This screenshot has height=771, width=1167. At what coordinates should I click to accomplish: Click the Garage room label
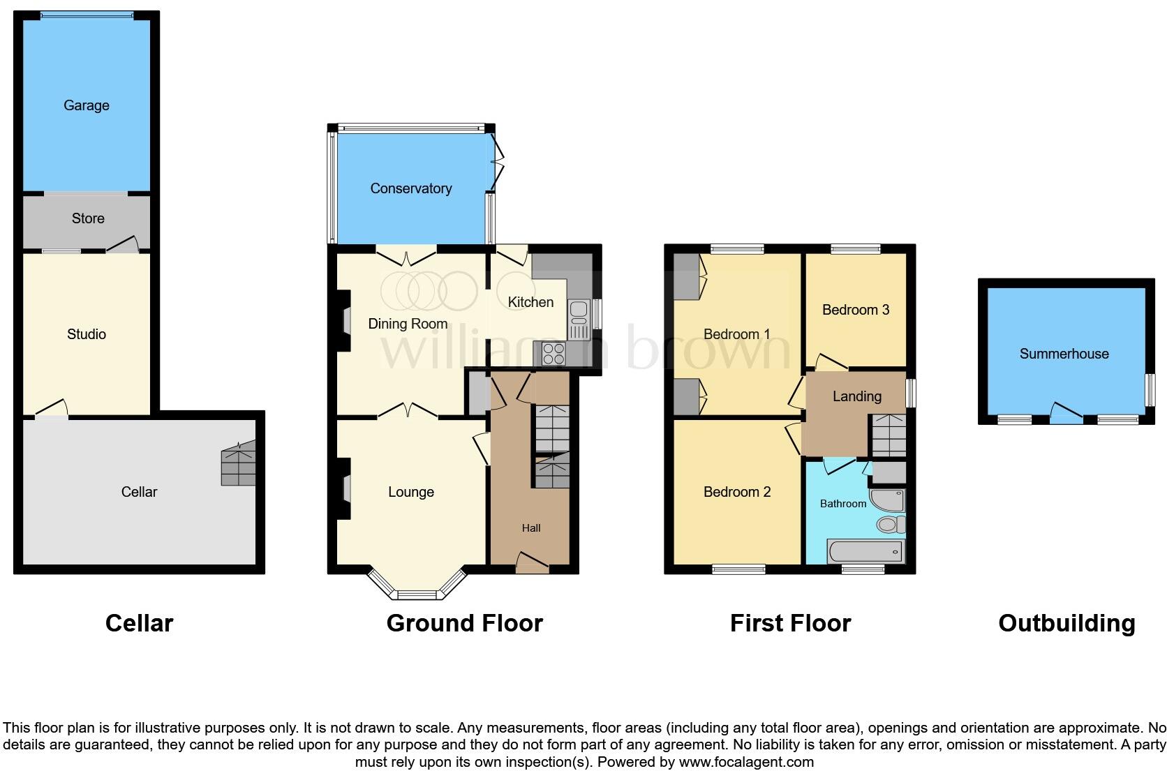87,105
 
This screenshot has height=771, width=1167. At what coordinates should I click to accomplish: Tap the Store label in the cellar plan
88,218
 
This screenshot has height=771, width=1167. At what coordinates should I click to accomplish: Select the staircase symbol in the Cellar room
239,466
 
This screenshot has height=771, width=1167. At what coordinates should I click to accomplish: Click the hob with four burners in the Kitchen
554,354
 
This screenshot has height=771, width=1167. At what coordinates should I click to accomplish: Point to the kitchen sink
579,317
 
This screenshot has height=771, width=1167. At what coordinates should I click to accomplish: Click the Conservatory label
410,188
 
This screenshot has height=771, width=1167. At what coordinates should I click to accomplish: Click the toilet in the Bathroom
891,524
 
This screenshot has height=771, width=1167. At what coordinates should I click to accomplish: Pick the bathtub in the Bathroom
865,552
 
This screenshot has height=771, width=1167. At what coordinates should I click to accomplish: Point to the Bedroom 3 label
855,310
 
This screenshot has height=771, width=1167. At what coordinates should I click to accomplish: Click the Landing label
856,396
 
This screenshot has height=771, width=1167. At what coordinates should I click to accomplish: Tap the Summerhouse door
1066,414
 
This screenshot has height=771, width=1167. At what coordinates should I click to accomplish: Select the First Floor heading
790,623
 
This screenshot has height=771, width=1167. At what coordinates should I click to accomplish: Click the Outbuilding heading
1066,623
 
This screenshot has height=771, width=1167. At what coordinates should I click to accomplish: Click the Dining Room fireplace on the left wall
345,322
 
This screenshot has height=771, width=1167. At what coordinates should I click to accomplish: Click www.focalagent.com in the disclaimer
746,761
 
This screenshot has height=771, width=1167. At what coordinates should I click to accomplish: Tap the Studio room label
87,334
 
